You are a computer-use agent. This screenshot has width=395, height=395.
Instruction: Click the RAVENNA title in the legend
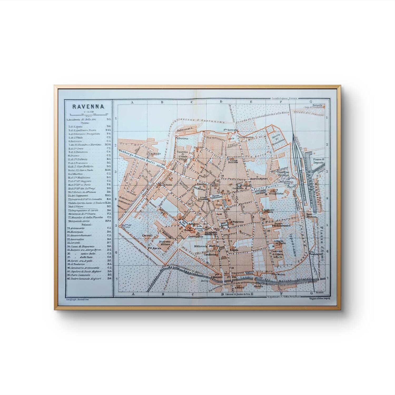(x=88, y=107)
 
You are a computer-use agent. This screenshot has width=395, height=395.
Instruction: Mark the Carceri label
(x=146, y=235)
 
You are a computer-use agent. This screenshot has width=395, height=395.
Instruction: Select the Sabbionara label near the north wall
(x=183, y=127)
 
